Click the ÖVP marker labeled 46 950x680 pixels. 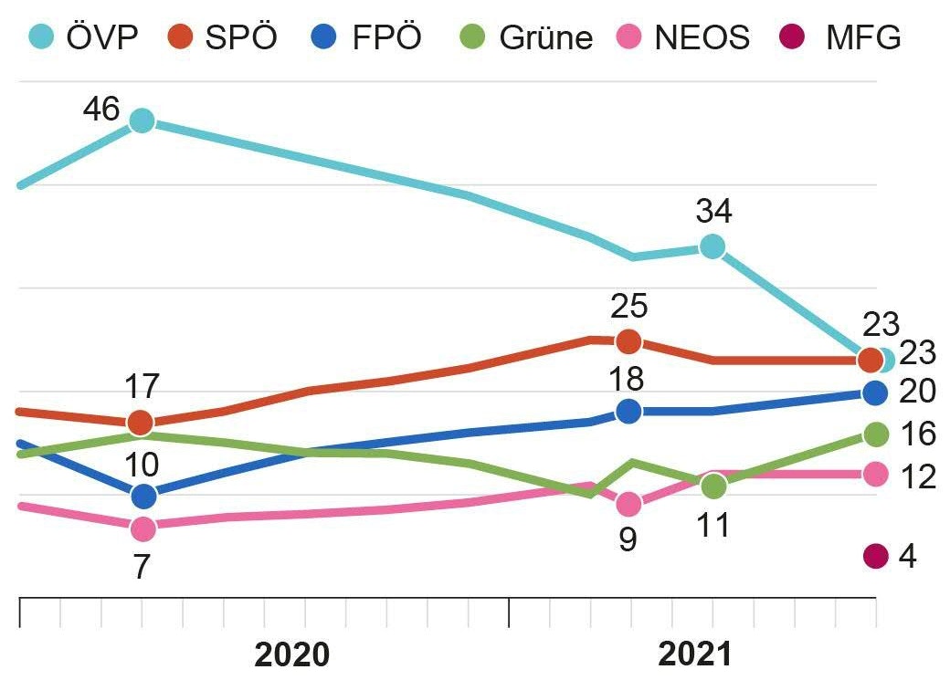pos(142,120)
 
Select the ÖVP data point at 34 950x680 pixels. pos(712,246)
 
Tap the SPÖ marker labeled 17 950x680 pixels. pos(140,423)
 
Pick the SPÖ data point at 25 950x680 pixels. pos(628,341)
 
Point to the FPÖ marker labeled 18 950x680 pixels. pos(628,412)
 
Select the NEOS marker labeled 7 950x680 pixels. pos(142,528)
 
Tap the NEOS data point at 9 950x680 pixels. pos(628,504)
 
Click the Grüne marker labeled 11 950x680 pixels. pos(713,486)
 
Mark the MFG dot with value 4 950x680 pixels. pos(875,556)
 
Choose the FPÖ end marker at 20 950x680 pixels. pos(875,392)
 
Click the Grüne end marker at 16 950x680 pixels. pos(876,434)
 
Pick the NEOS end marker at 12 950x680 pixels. pos(875,474)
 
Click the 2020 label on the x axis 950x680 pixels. pos(291,654)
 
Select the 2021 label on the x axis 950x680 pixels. pos(695,654)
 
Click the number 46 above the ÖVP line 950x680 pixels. pos(100,110)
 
